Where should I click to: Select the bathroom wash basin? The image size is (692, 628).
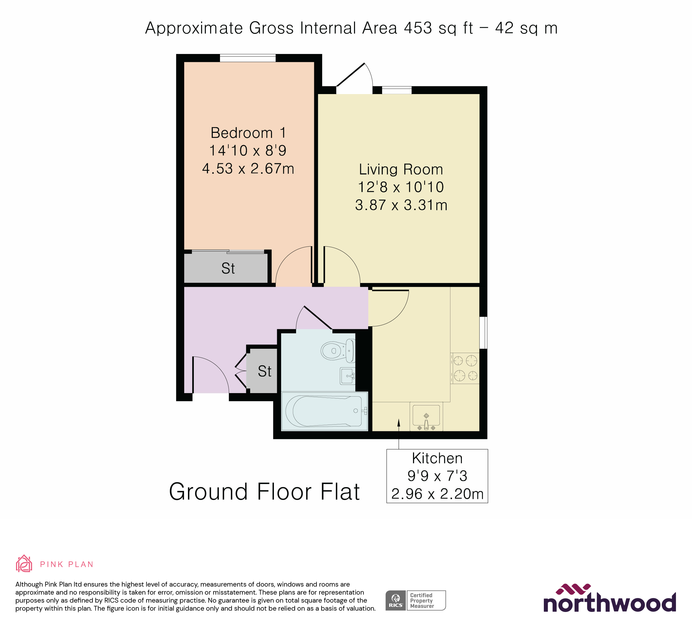[x=347, y=376]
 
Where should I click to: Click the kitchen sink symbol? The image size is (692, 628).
[x=426, y=416]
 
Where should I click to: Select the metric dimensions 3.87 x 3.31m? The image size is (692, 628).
[x=401, y=205]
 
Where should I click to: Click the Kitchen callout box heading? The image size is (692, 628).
[x=437, y=458]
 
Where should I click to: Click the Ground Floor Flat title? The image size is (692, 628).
[x=264, y=492]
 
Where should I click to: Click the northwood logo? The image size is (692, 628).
[x=609, y=599]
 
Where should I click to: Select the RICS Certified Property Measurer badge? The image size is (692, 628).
[x=415, y=600]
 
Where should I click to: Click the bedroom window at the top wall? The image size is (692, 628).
[x=247, y=58]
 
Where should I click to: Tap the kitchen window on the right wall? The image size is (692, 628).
[x=483, y=332]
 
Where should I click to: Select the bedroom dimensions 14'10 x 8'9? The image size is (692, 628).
[x=247, y=150]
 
